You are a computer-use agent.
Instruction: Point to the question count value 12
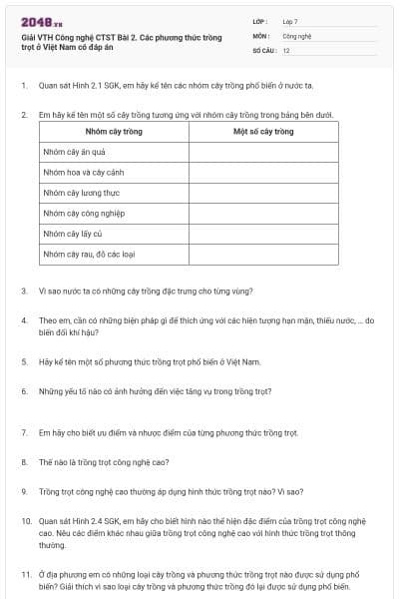[286, 49]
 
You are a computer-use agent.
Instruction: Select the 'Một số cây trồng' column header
[263, 131]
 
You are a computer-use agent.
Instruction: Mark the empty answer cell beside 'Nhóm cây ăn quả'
[263, 152]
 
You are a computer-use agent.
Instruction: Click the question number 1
[23, 86]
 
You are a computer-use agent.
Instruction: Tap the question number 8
[23, 462]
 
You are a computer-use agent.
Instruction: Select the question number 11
[25, 575]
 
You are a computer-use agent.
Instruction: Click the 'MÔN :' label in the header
[260, 35]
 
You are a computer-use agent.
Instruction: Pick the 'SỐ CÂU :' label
[263, 49]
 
